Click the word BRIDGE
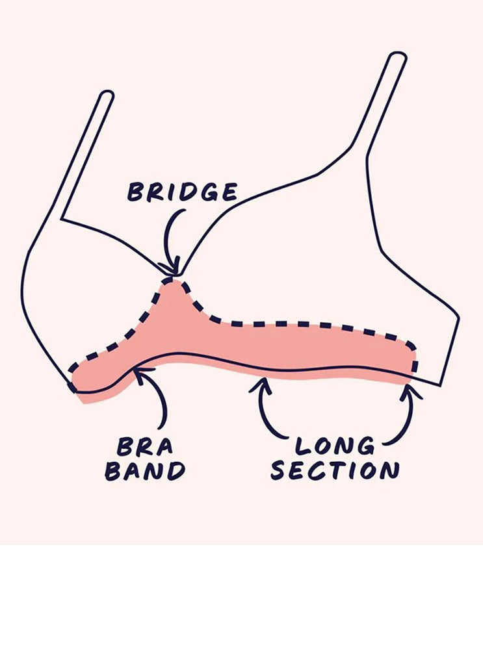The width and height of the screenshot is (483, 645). pos(183,192)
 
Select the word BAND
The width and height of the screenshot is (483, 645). pos(144,471)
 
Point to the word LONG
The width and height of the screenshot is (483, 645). pos(335,446)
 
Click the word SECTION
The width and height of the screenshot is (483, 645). pos(334,470)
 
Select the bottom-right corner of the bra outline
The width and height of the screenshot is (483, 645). pos(441,385)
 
